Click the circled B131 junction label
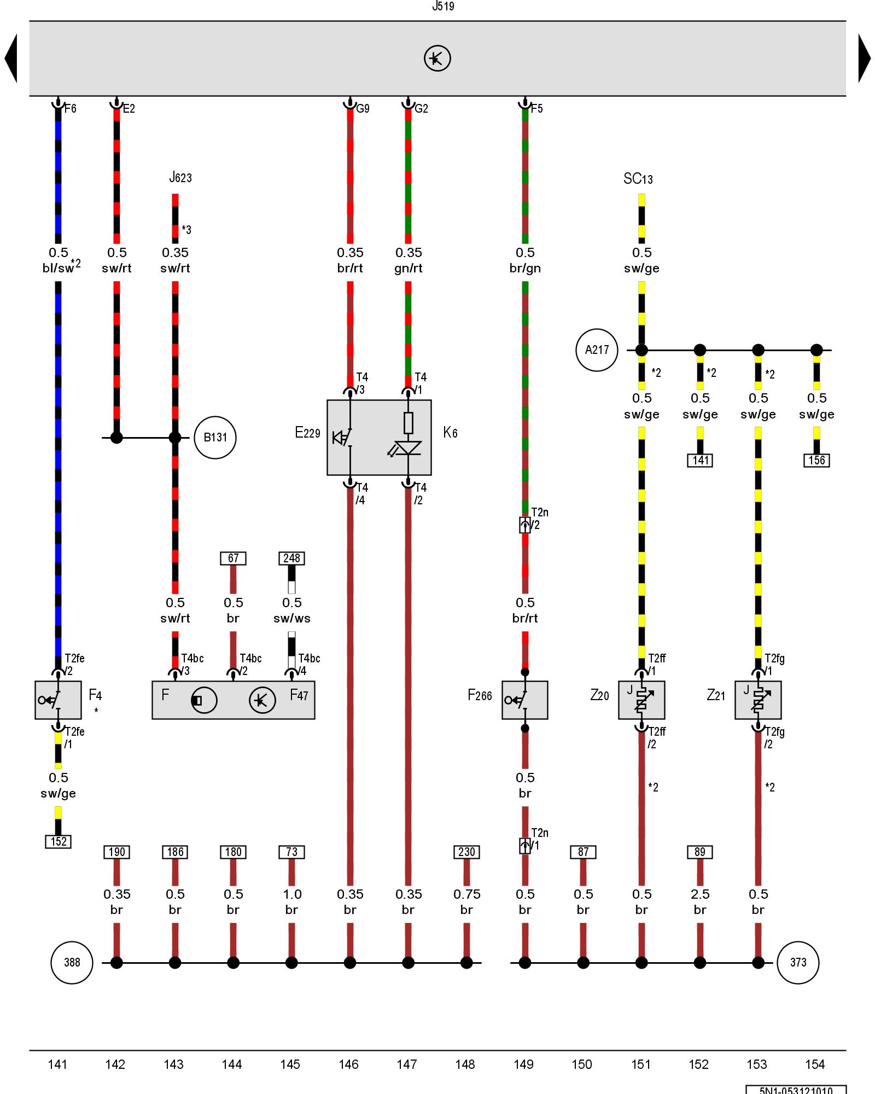point(215,438)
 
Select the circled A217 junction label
point(596,350)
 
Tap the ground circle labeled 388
point(72,962)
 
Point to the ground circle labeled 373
point(798,962)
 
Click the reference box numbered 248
point(291,558)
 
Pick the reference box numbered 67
point(233,558)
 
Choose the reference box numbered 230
point(466,852)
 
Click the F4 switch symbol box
point(58,700)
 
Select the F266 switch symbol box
point(524,700)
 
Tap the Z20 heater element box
point(641,700)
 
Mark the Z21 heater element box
point(758,700)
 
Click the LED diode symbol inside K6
point(407,448)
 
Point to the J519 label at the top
point(443,7)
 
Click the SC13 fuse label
point(638,179)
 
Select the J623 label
point(180,177)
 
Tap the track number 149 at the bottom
point(523,1064)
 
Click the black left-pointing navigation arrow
point(11,59)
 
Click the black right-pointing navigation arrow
point(864,59)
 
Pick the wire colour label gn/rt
point(409,268)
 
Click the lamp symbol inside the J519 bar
point(437,59)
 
